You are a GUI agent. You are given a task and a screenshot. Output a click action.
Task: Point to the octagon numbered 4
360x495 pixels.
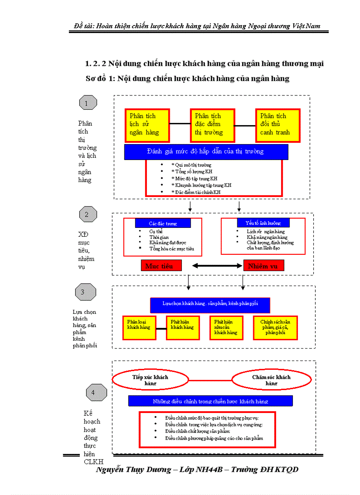tap(96, 392)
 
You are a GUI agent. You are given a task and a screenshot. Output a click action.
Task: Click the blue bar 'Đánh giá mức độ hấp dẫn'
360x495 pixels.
tap(206, 152)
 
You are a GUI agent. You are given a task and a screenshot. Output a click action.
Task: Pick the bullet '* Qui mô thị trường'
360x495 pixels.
tap(191, 165)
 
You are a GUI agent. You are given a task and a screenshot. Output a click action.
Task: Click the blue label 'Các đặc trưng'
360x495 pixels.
tap(163, 223)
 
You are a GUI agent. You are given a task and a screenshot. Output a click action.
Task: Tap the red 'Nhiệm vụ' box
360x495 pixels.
tap(263, 265)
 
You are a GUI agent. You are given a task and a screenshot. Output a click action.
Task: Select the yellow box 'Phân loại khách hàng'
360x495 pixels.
tap(139, 328)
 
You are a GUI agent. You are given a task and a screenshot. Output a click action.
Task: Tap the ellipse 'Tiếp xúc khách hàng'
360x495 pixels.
tap(150, 380)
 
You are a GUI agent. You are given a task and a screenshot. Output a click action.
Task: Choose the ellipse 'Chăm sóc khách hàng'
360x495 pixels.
tap(270, 380)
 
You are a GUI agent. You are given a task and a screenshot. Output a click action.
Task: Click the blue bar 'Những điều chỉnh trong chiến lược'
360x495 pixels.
tap(210, 401)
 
